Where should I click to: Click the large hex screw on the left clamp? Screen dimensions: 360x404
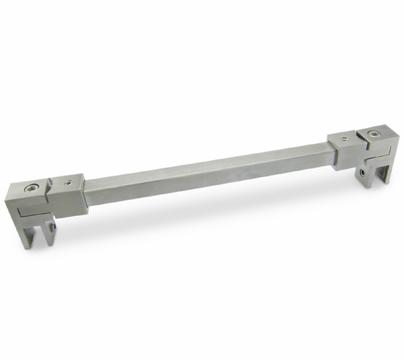(x=30, y=188)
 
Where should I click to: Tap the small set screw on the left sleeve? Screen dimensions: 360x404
(x=68, y=182)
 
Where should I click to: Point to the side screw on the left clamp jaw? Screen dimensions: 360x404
(x=51, y=226)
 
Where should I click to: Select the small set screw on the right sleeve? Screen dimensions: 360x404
(x=345, y=138)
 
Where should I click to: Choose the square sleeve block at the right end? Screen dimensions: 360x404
(x=345, y=151)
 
